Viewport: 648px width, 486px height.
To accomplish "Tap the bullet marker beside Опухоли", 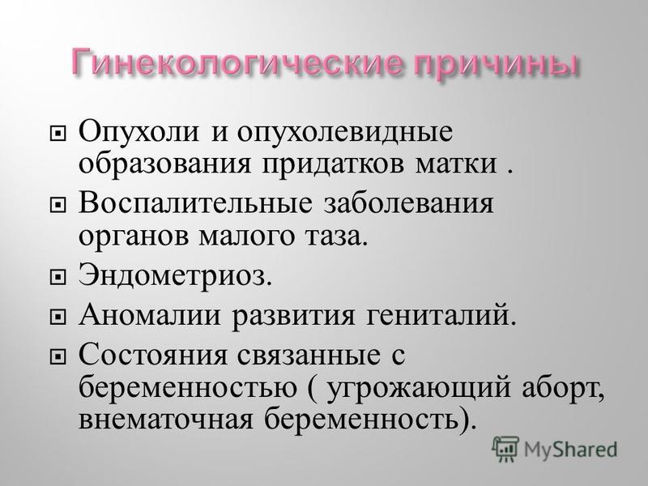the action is coord(58,134).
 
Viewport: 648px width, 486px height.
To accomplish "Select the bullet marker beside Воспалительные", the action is coord(58,205).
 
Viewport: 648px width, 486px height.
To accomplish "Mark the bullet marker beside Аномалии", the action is coord(58,317).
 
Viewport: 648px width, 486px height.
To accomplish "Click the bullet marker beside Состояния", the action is coord(58,356).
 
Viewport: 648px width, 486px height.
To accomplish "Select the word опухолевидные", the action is coord(345,133).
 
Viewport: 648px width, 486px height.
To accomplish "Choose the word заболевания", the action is coord(408,204).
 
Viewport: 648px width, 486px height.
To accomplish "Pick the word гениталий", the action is coord(441,316).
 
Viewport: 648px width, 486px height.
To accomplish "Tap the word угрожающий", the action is coord(420,390).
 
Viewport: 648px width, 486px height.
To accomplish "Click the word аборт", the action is coord(562,389).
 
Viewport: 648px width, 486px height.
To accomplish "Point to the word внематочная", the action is coord(165,420).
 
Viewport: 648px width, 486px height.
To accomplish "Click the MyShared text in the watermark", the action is coord(570,450).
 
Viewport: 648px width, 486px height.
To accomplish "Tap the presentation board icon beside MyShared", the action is coord(505,449).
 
